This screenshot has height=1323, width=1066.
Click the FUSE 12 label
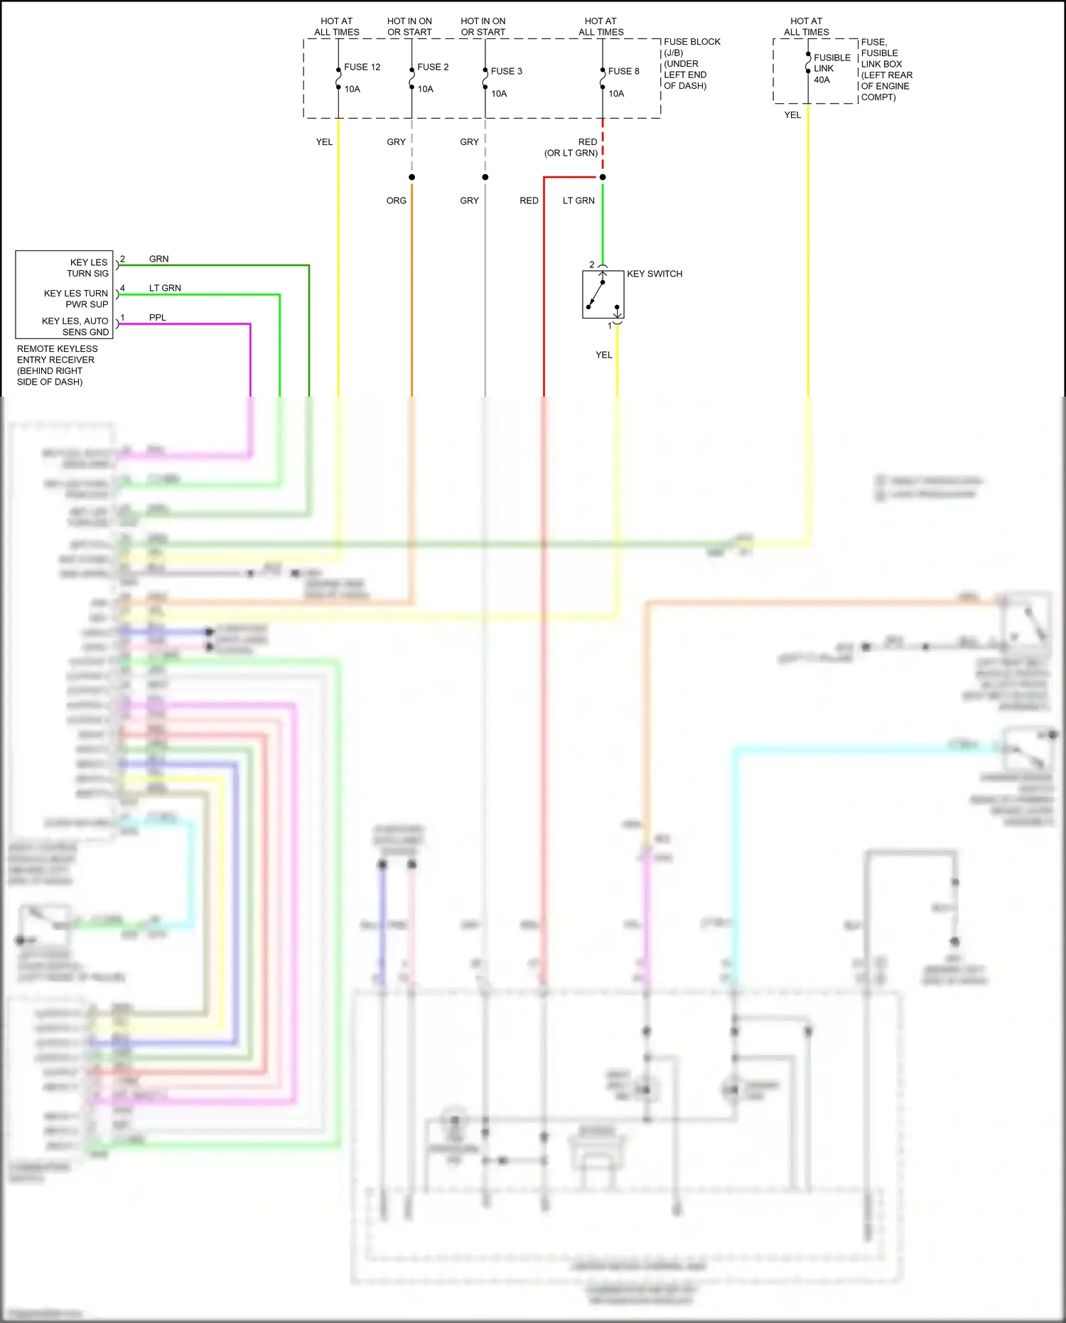(x=362, y=67)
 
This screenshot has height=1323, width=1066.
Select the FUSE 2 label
(x=433, y=67)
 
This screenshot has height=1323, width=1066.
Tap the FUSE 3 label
(x=506, y=71)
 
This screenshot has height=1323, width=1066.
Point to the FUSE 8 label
(x=623, y=71)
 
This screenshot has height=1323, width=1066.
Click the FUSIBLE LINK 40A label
(x=831, y=68)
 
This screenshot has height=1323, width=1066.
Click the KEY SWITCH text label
(x=654, y=274)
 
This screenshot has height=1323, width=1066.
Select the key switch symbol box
(x=603, y=294)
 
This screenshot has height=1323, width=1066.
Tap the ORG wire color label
(x=396, y=200)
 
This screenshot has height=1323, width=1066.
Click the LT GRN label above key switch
(x=578, y=200)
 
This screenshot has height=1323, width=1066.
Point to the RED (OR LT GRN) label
(x=572, y=147)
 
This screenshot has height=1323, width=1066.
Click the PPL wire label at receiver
(x=157, y=318)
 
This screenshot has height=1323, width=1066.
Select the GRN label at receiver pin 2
(x=158, y=259)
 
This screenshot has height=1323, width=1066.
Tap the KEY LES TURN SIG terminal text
(x=88, y=268)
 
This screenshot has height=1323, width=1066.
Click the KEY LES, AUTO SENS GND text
(x=75, y=326)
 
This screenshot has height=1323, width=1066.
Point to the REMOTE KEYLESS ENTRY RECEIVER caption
(x=56, y=365)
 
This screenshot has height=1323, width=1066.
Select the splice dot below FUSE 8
(x=603, y=177)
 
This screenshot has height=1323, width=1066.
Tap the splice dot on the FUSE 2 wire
(x=411, y=177)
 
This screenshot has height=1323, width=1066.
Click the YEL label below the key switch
(x=603, y=355)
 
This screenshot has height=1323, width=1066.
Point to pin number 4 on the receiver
(x=122, y=288)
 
